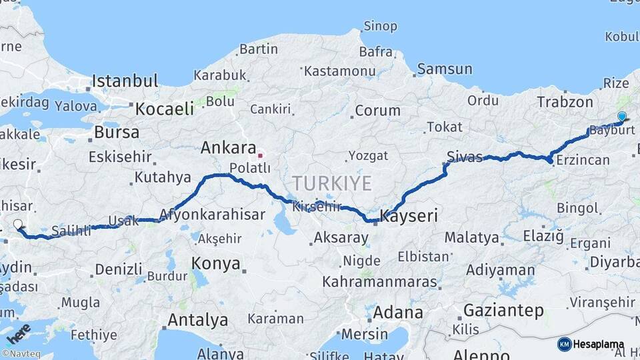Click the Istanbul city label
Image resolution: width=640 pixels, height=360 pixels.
pos(125,81)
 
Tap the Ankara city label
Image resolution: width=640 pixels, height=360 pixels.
pos(228,147)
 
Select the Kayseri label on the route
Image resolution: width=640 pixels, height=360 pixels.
pos(409,215)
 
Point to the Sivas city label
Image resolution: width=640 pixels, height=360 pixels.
pos(464,157)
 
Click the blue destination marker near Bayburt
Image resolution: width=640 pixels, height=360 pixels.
pos(622,117)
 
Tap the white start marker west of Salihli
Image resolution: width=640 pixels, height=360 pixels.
pos(17,225)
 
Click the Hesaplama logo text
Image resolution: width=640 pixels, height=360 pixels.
pos(599,345)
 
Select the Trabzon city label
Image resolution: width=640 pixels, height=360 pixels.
pos(565,102)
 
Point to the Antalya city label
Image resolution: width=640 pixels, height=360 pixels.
pos(197,320)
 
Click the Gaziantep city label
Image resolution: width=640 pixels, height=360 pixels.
pos(503,310)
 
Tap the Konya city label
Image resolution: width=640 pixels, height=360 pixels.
pos(216,263)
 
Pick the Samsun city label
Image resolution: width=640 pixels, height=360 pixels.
pos(445,69)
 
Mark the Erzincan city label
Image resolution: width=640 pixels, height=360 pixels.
pos(583,160)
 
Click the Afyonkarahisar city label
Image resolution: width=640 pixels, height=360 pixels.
pos(212,215)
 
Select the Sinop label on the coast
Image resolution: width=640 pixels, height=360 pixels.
pos(380,27)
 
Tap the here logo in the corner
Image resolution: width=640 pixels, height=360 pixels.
pos(18,332)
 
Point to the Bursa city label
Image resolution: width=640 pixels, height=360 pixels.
pos(117,132)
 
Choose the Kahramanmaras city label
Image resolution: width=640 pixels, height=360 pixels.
pos(383,281)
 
